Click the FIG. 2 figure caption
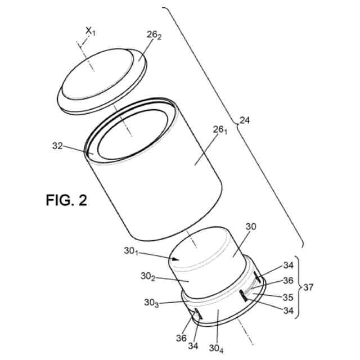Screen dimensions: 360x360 pos(66,200)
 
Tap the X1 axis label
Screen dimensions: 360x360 pos(91,31)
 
